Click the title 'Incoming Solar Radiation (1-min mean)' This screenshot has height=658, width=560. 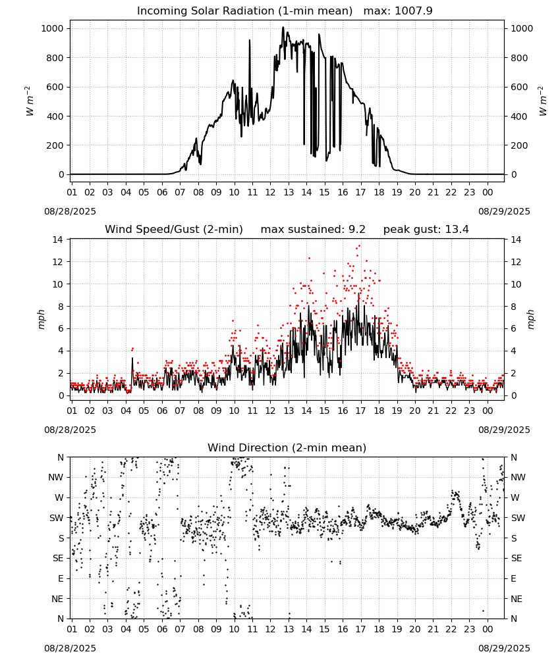pyautogui.click(x=244, y=11)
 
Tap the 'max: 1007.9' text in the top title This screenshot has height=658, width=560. pyautogui.click(x=398, y=11)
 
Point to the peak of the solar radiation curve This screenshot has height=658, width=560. pyautogui.click(x=283, y=28)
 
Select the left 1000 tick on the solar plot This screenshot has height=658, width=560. pyautogui.click(x=53, y=28)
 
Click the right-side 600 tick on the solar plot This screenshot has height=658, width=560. pyautogui.click(x=519, y=87)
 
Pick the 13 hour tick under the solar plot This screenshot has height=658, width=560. pyautogui.click(x=289, y=192)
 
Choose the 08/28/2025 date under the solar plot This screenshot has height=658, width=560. pyautogui.click(x=70, y=211)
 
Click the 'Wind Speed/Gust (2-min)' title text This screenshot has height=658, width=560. pyautogui.click(x=174, y=230)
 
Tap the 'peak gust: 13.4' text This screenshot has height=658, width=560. pyautogui.click(x=426, y=230)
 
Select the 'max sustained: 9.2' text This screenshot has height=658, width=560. pyautogui.click(x=313, y=230)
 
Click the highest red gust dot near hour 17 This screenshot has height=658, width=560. pyautogui.click(x=359, y=246)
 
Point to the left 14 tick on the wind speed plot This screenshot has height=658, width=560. pyautogui.click(x=57, y=240)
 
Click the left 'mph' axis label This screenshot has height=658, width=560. pyautogui.click(x=41, y=319)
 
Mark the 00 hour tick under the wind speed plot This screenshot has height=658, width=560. pyautogui.click(x=488, y=411)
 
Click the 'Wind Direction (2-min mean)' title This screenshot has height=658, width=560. pyautogui.click(x=287, y=447)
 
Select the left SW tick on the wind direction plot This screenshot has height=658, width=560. pyautogui.click(x=57, y=518)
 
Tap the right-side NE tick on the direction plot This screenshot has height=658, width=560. pyautogui.click(x=517, y=599)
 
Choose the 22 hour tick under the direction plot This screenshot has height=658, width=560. pyautogui.click(x=451, y=629)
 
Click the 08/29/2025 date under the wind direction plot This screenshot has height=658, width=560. pyautogui.click(x=504, y=648)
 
